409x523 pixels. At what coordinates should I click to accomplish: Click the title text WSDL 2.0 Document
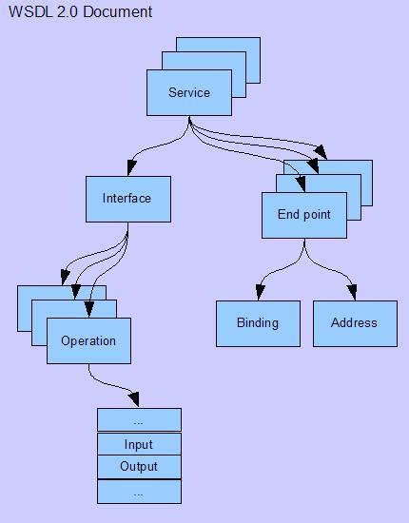[80, 12]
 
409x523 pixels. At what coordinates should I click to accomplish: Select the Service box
[188, 93]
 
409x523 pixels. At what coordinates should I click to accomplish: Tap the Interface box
[127, 199]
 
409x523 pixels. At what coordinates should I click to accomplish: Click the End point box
[303, 215]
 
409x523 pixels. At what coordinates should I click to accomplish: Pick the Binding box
[257, 323]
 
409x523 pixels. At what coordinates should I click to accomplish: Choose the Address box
[354, 323]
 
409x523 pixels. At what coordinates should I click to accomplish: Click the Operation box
[88, 341]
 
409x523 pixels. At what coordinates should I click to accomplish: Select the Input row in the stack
[139, 444]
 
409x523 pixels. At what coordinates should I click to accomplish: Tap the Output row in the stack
[139, 467]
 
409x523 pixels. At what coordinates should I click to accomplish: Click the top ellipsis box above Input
[139, 420]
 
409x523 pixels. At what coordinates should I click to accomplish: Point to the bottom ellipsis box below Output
[139, 493]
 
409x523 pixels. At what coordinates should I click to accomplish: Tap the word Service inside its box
[188, 93]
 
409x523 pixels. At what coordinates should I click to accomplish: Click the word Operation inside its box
[88, 341]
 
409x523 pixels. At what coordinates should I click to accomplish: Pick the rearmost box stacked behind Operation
[29, 294]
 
